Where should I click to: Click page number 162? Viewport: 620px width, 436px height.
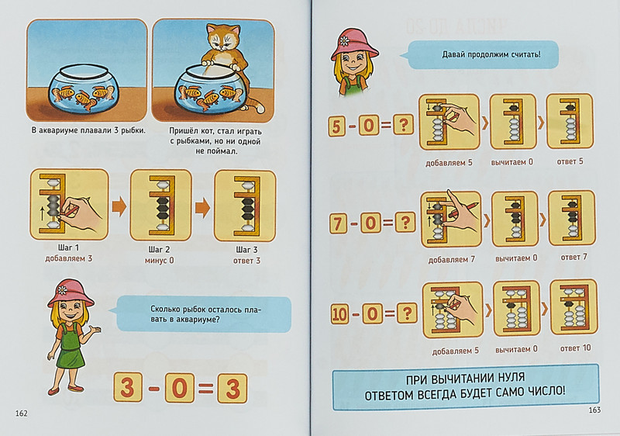(x=22, y=414)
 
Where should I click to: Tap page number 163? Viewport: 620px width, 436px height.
(x=594, y=410)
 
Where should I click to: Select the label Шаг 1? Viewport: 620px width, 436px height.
(x=68, y=247)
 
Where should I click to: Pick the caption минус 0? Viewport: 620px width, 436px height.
(x=159, y=261)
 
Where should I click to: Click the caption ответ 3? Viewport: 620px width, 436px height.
(x=246, y=261)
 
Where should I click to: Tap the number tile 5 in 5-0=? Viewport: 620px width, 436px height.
(x=336, y=126)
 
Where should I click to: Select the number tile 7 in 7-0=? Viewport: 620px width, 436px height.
(x=338, y=223)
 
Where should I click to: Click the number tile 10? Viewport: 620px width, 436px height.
(x=339, y=314)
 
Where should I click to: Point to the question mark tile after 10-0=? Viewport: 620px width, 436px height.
(x=407, y=313)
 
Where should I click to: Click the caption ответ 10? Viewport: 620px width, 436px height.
(x=575, y=348)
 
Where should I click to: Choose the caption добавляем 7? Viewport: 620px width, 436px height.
(x=452, y=260)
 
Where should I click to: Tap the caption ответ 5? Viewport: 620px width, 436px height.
(x=570, y=161)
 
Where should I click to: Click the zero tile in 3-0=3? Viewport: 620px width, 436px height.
(x=180, y=388)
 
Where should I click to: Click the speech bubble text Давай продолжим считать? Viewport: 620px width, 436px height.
(x=491, y=54)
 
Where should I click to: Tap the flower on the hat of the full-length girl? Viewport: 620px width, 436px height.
(x=62, y=289)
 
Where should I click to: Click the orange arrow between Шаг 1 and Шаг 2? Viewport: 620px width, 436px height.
(x=119, y=206)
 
